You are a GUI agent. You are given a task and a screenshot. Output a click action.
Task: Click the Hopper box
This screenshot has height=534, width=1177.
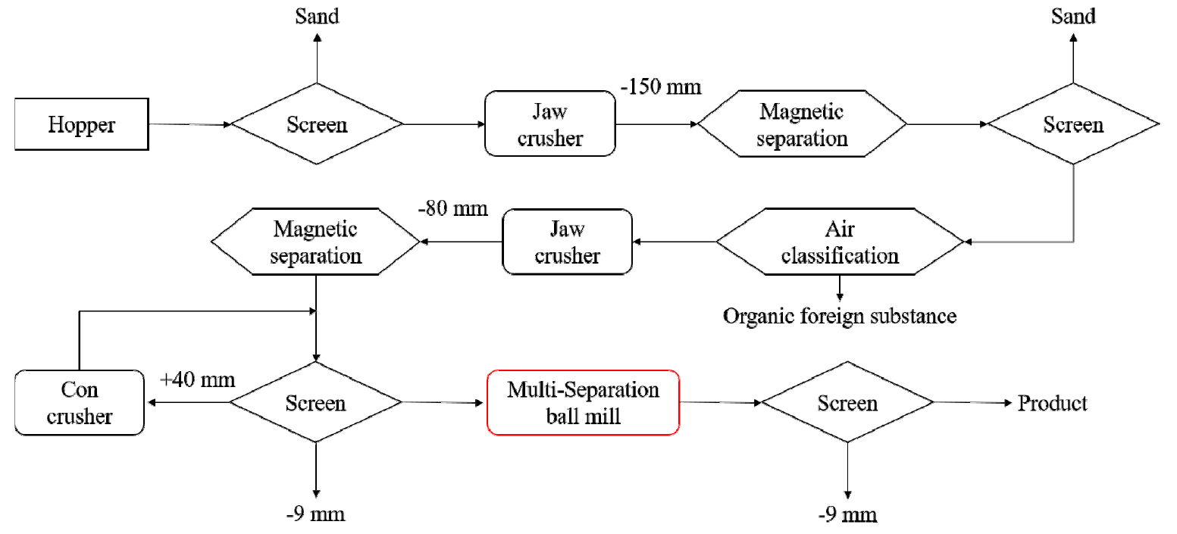pos(82,123)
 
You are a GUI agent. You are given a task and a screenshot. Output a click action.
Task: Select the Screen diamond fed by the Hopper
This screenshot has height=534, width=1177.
pos(317,124)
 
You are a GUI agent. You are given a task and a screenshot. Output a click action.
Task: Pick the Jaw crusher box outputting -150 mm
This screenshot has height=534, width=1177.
pos(549,124)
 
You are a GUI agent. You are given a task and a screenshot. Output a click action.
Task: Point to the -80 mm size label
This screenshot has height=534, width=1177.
pos(452,208)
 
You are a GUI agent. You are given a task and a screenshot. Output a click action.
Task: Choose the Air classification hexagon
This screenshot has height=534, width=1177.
pos(840,242)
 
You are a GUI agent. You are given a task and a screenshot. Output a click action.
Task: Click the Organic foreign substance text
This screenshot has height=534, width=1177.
pos(840,315)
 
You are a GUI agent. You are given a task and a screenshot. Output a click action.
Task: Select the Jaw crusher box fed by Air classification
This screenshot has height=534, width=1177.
pos(567,242)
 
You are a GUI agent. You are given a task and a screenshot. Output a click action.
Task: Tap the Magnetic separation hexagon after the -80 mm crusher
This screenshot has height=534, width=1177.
pos(315,242)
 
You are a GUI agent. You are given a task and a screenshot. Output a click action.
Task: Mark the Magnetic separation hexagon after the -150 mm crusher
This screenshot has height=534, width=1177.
pos(802,124)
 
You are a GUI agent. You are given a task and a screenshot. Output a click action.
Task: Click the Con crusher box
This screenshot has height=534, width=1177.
pos(80,402)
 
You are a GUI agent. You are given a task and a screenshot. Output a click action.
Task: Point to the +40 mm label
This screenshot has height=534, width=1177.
pos(197,379)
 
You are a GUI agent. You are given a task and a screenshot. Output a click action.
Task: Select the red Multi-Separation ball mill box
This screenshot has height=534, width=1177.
pos(583,402)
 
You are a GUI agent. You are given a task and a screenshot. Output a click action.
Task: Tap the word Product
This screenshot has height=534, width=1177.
pos(1052,403)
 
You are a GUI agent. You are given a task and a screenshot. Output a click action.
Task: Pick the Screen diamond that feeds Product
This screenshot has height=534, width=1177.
pos(847,403)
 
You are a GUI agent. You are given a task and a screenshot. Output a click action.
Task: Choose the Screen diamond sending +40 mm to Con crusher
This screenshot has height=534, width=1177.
pos(316,403)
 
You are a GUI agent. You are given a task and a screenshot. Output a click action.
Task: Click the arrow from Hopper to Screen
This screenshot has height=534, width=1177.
pos(189,124)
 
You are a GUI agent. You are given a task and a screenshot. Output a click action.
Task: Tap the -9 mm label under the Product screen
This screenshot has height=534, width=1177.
pos(847,515)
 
